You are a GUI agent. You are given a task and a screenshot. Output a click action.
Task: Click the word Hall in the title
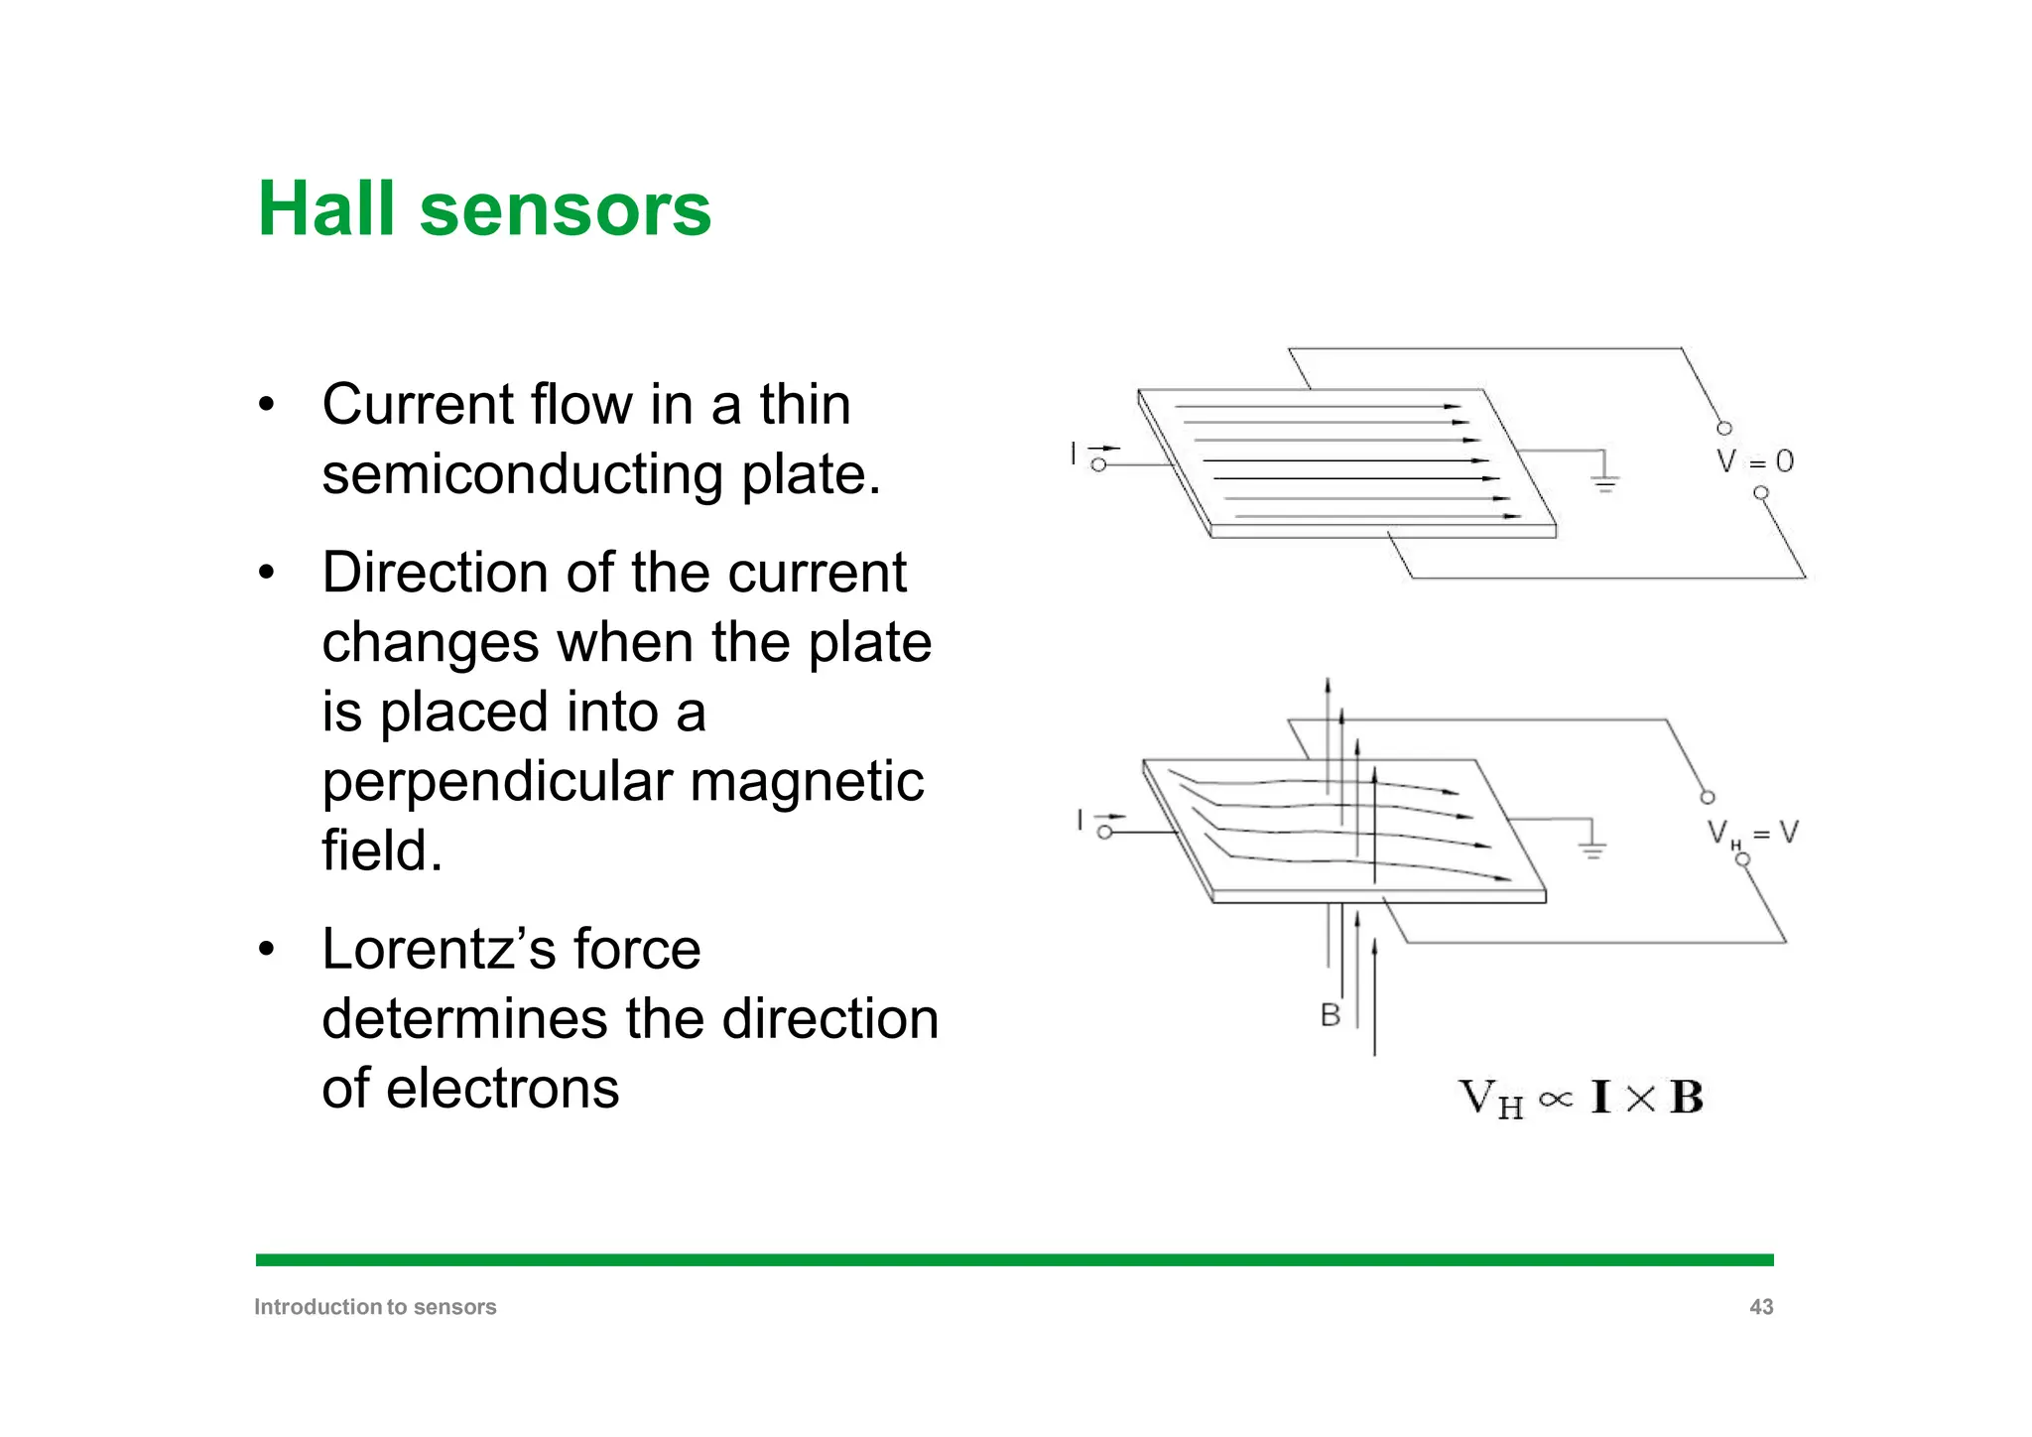327,209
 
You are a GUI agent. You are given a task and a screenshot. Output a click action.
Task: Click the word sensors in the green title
565,209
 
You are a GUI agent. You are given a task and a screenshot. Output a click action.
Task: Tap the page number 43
1760,1307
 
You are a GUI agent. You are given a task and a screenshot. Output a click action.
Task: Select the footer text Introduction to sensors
375,1307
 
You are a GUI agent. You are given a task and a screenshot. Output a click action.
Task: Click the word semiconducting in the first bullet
522,473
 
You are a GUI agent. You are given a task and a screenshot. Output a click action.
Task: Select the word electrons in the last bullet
502,1088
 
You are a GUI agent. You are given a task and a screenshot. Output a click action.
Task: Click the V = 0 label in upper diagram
1755,461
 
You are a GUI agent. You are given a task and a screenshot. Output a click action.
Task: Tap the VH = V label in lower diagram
1752,834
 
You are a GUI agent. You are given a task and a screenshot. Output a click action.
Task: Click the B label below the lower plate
1330,1015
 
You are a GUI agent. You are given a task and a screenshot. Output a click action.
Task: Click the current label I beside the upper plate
1074,454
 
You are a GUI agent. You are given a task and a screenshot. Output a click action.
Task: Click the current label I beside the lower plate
1079,820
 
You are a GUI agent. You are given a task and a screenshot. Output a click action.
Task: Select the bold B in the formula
1686,1099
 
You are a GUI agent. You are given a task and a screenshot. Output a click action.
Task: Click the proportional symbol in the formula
1555,1100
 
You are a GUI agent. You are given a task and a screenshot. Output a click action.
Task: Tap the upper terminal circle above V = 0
1724,428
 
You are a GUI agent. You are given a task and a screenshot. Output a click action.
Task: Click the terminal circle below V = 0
1760,493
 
